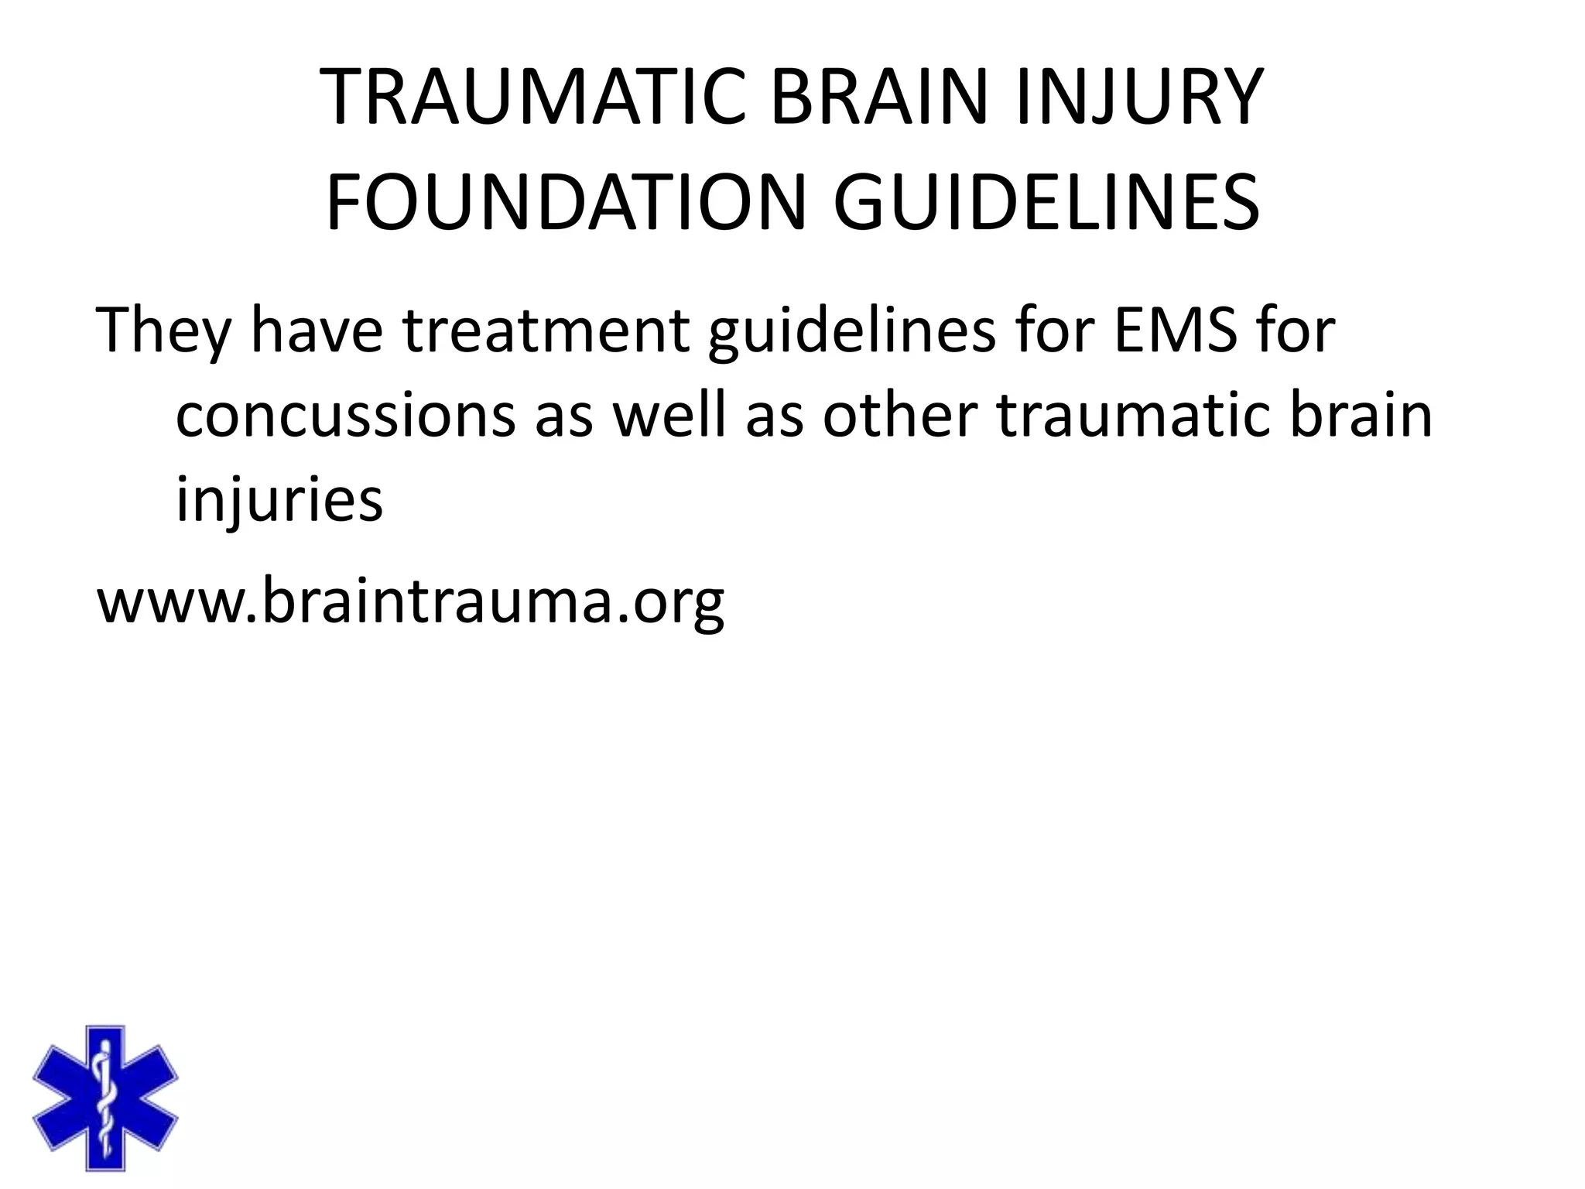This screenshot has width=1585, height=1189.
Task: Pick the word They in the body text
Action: tap(163, 331)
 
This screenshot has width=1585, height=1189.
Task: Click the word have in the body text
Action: tap(317, 331)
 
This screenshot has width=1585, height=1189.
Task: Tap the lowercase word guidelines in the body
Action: tap(852, 331)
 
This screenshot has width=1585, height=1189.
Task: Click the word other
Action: tap(899, 416)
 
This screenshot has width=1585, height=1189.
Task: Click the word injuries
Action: tap(279, 499)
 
